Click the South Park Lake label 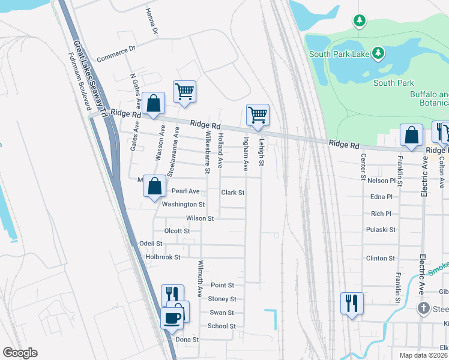(x=339, y=54)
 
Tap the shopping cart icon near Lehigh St (x=258, y=114)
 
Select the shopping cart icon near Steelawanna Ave (x=184, y=92)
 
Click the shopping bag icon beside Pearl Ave (x=155, y=187)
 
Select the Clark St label (x=233, y=193)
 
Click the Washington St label (x=184, y=205)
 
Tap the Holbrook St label (x=163, y=257)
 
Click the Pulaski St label (x=381, y=229)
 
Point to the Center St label (x=364, y=166)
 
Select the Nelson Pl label (x=381, y=180)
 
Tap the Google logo (x=20, y=353)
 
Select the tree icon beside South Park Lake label (x=378, y=54)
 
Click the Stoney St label (x=222, y=299)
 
